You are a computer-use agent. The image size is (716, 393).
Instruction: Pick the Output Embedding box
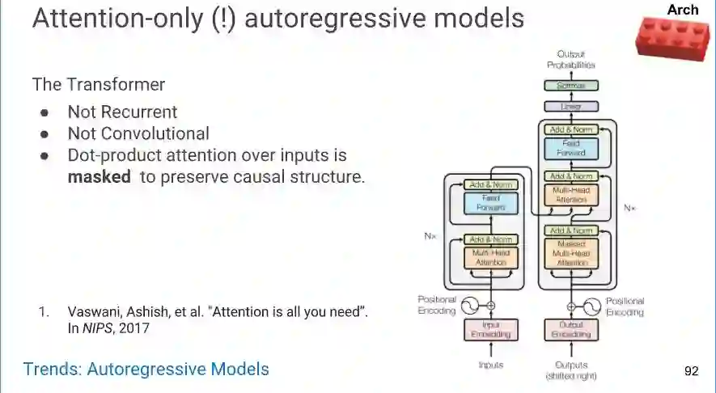click(571, 330)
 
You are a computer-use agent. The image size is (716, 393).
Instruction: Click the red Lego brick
click(674, 37)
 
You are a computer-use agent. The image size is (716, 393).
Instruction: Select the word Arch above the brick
click(683, 10)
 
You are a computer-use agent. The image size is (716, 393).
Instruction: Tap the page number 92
click(691, 371)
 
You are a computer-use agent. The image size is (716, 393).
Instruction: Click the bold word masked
click(99, 176)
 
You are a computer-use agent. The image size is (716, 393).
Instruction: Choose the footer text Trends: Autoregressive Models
click(146, 370)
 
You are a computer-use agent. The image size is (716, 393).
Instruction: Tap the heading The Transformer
click(99, 84)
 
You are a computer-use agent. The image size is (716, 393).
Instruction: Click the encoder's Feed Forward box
click(491, 202)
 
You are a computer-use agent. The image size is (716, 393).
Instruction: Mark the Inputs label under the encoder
click(491, 365)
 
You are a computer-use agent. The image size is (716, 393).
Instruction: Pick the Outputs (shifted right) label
click(572, 370)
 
